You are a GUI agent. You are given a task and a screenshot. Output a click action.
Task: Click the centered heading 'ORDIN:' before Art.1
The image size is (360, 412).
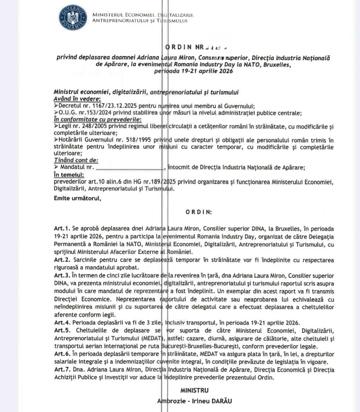[199, 212]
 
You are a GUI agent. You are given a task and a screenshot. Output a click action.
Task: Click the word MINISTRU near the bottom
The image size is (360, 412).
[195, 390]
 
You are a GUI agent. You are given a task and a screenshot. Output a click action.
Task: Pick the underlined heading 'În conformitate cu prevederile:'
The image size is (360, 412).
[95, 120]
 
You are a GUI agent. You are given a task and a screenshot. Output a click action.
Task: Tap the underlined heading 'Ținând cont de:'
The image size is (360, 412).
[76, 160]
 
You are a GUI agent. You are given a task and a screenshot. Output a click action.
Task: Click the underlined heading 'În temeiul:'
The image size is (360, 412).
[69, 175]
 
